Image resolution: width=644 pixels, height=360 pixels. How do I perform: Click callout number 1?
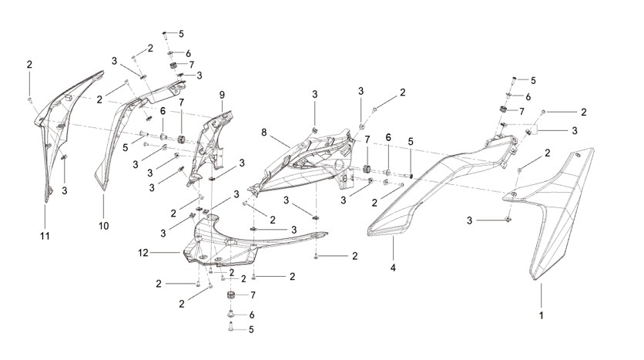click(541, 315)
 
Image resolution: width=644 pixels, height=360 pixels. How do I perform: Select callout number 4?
click(393, 268)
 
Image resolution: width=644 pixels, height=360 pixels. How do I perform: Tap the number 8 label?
click(263, 133)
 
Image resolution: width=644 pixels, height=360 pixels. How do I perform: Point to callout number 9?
click(222, 95)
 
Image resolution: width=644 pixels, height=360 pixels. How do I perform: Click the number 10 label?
click(103, 226)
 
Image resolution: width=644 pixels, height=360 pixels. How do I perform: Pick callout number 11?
click(45, 236)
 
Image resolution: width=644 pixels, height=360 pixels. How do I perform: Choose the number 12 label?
click(143, 253)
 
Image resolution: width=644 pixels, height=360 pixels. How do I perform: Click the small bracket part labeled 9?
click(211, 144)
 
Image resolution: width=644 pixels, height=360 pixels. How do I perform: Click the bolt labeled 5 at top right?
click(514, 80)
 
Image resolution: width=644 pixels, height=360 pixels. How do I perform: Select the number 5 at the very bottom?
click(251, 330)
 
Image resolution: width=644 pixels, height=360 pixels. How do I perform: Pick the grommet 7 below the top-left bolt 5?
click(174, 66)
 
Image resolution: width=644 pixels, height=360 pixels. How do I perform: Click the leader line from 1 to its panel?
click(541, 295)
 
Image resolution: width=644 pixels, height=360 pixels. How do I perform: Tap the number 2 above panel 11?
click(29, 65)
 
